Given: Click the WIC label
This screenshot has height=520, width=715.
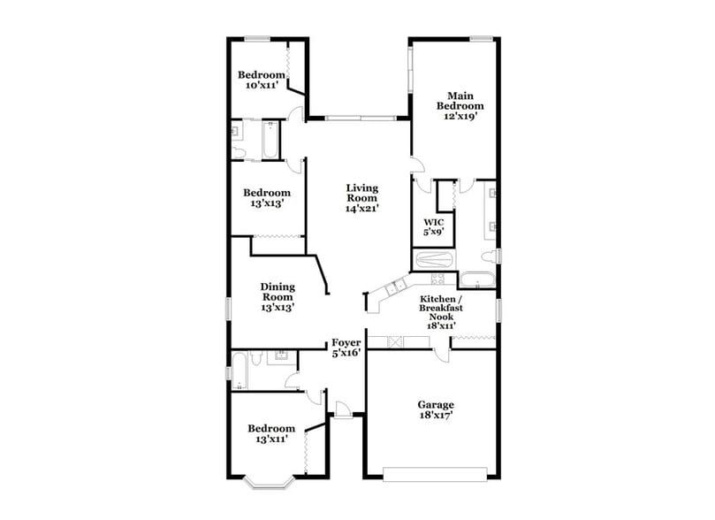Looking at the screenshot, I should pyautogui.click(x=433, y=221).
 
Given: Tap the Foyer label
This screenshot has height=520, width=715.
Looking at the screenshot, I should pyautogui.click(x=346, y=342).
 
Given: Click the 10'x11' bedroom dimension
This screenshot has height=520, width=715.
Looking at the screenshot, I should pyautogui.click(x=264, y=86).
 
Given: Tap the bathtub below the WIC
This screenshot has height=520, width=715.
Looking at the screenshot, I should pyautogui.click(x=434, y=260).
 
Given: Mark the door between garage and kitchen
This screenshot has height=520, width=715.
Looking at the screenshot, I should pyautogui.click(x=439, y=352).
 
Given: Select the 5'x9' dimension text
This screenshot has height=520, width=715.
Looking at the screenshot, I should pyautogui.click(x=433, y=232).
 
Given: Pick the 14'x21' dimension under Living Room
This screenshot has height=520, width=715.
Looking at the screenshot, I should pyautogui.click(x=361, y=210).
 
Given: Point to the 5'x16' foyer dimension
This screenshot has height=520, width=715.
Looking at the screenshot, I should pyautogui.click(x=346, y=353).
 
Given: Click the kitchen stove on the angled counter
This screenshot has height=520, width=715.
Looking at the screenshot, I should pyautogui.click(x=396, y=286).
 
